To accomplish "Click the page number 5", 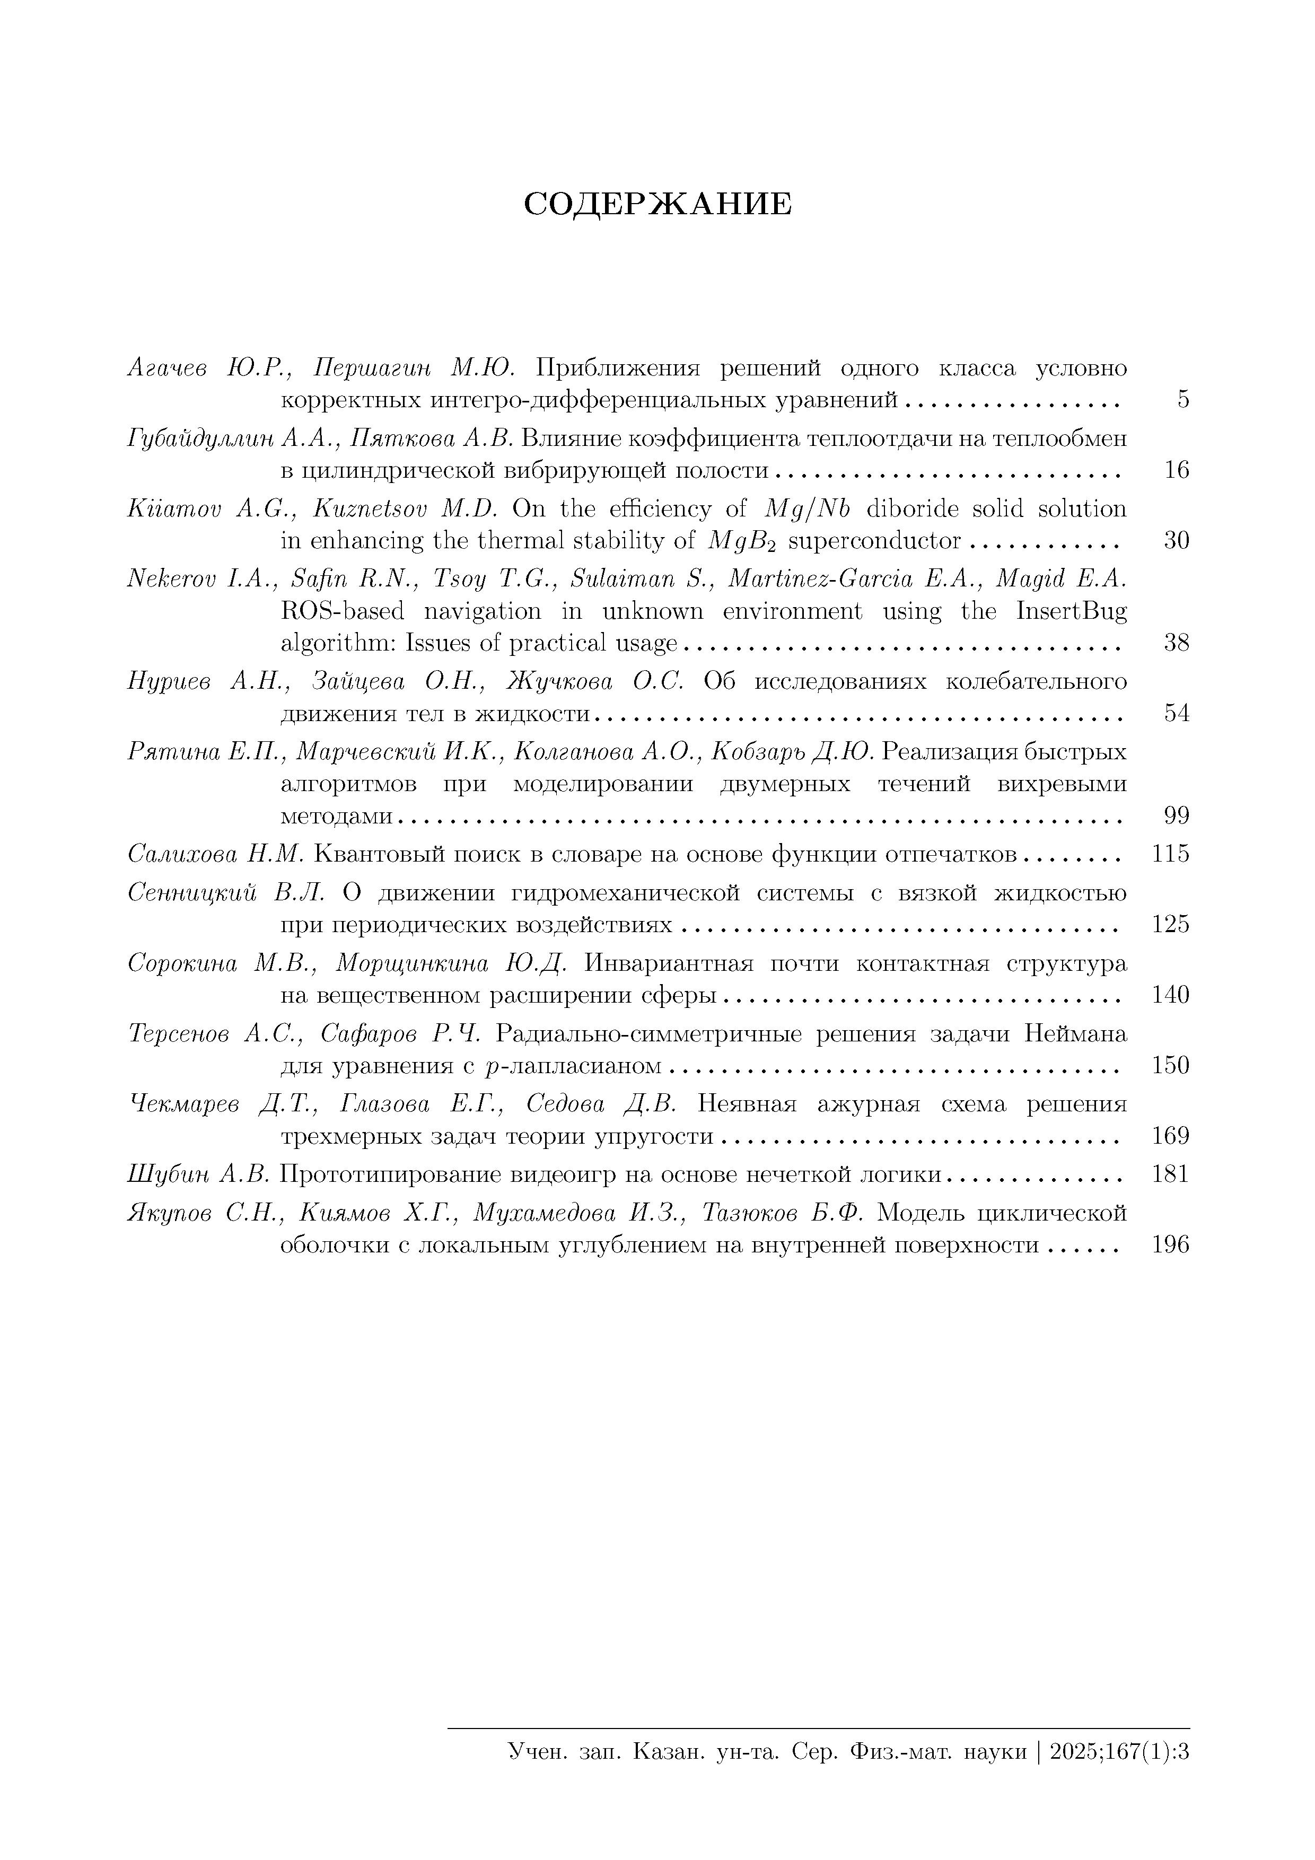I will tap(1183, 399).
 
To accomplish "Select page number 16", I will tap(1177, 470).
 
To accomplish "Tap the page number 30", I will tap(1177, 540).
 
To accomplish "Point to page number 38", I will tap(1177, 643).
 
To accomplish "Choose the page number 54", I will tap(1177, 714).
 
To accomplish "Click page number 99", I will tap(1177, 816).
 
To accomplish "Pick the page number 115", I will tap(1171, 854).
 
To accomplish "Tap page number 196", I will tap(1171, 1244).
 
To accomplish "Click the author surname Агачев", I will tap(168, 369).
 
